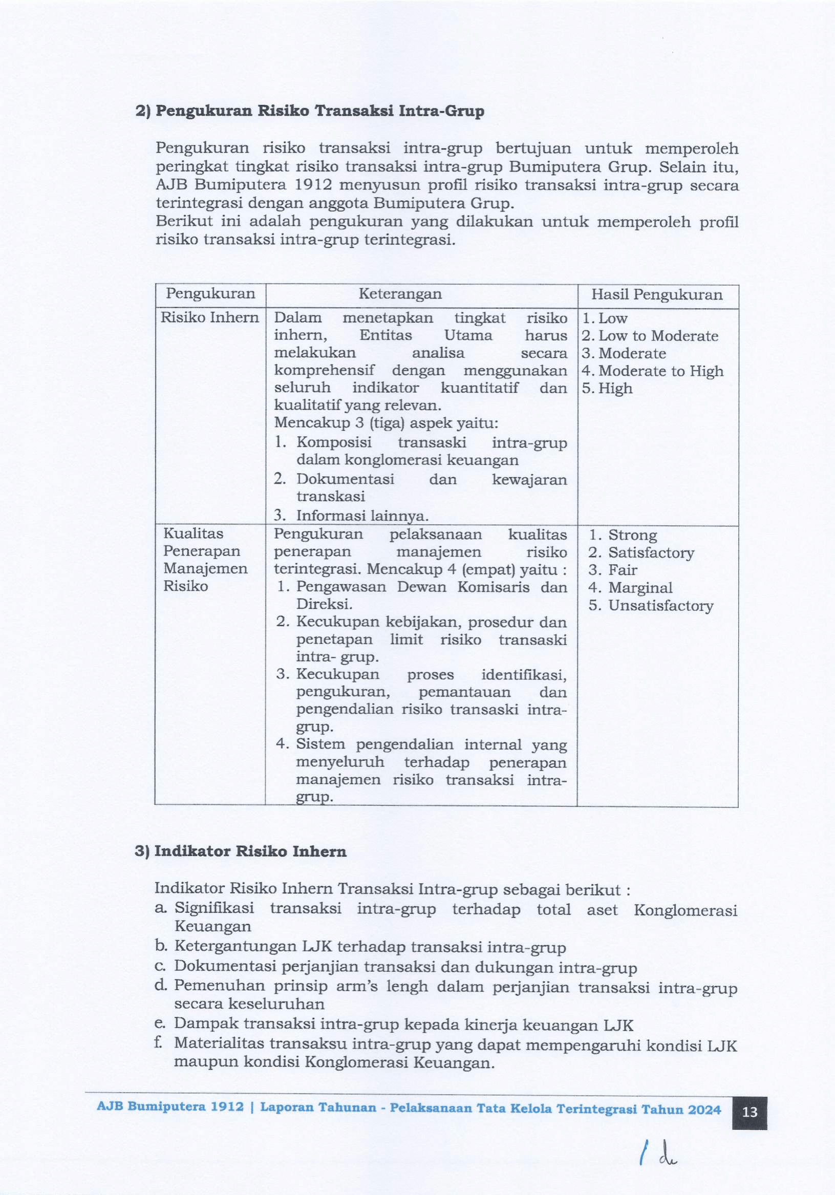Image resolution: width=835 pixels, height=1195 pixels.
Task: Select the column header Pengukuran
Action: (210, 294)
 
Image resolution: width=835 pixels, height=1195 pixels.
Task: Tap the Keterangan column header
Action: (400, 294)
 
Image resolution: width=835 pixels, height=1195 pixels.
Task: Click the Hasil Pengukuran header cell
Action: (656, 295)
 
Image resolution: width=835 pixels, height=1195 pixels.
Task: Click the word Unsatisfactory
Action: (660, 606)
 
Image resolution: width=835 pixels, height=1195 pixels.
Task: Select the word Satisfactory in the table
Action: (651, 553)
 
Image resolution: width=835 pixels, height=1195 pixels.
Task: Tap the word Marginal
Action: (640, 588)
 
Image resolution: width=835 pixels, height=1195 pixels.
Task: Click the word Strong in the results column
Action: (632, 535)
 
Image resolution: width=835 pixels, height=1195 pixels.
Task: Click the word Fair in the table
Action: (623, 570)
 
